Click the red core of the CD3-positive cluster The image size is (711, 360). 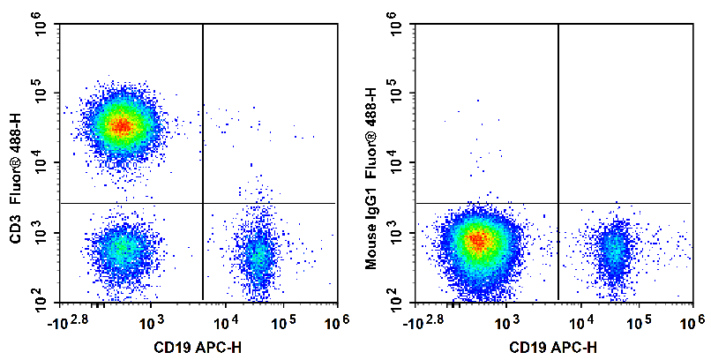pos(122,126)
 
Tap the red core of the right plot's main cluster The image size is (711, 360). pos(477,239)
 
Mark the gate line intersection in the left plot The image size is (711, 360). pos(203,203)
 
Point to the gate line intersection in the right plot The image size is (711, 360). pos(558,203)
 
